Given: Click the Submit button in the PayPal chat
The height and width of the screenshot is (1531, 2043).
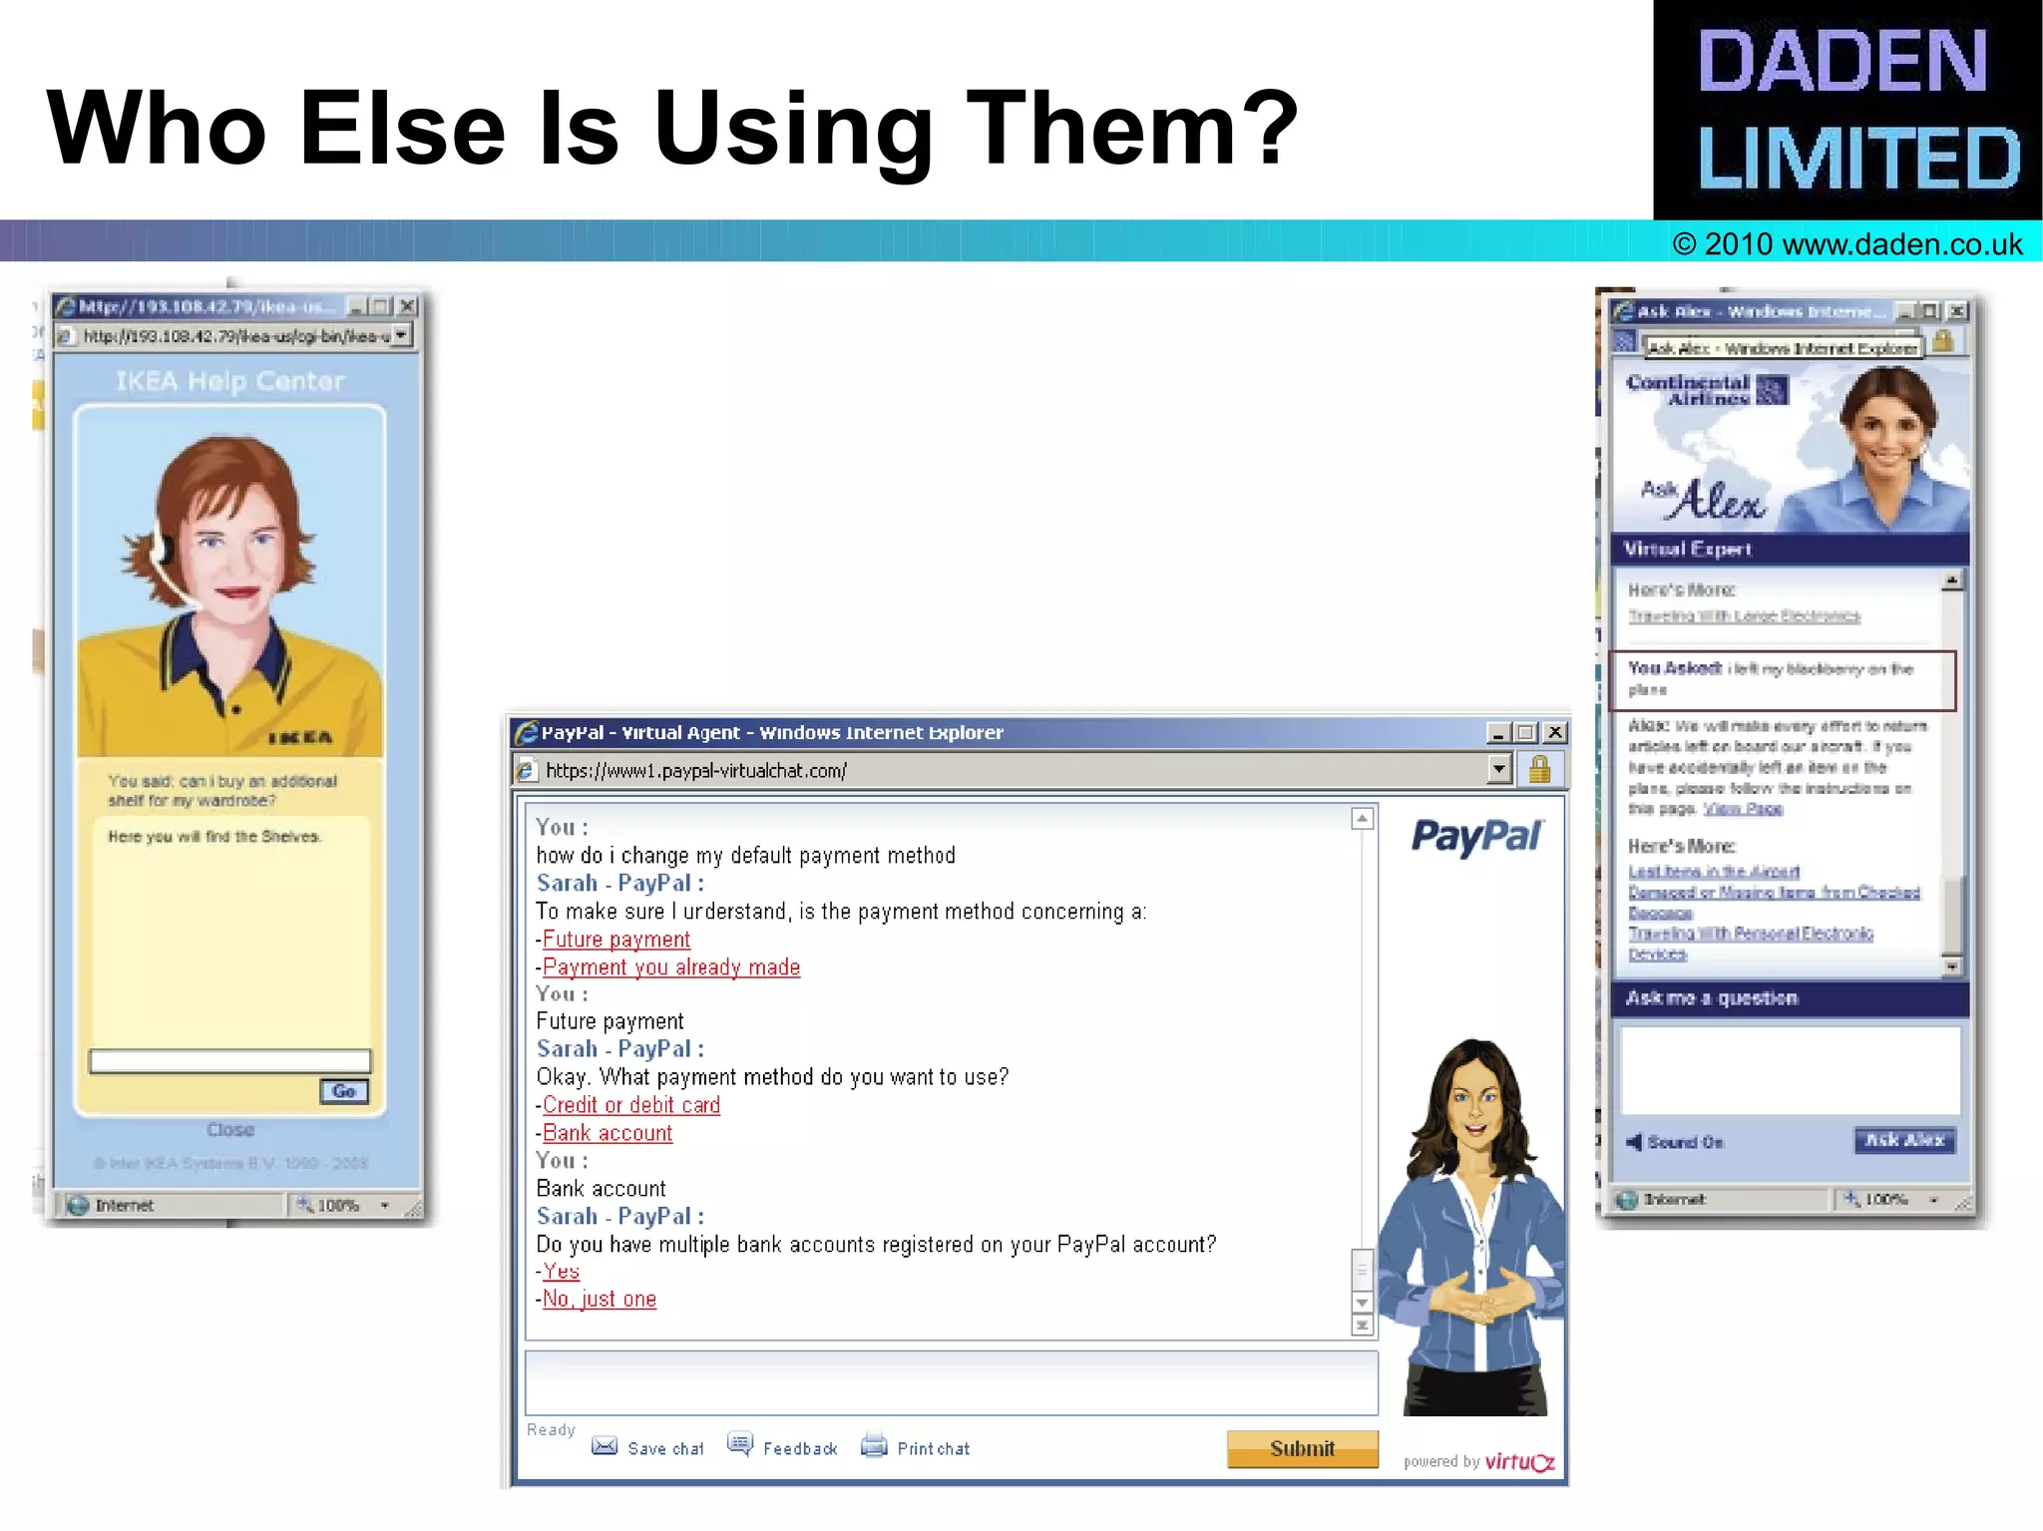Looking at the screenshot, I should coord(1302,1448).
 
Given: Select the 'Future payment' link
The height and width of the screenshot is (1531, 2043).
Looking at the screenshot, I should coord(616,940).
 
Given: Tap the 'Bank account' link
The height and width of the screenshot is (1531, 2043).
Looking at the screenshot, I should coord(608,1133).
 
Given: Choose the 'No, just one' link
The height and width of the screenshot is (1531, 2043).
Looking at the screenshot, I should coord(600,1299).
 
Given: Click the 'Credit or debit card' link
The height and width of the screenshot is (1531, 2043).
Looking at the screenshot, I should coord(631,1105).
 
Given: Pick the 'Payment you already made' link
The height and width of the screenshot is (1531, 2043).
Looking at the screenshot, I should coord(671,967).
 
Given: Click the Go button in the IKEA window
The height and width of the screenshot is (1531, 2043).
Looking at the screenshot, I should coord(344,1091).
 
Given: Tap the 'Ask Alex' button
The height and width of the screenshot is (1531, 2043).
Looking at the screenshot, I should coord(1904,1140).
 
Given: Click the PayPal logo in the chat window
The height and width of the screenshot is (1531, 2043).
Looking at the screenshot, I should coord(1477,836).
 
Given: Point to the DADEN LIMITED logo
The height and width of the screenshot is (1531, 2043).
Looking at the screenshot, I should coord(1847,110).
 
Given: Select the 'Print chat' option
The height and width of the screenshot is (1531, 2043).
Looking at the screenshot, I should coord(932,1448).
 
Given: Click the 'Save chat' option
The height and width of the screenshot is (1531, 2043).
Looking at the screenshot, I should coord(664,1448).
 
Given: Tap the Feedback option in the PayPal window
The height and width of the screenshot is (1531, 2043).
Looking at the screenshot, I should coord(799,1448).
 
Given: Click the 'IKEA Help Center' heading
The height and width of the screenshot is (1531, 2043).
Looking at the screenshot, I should coord(230,381).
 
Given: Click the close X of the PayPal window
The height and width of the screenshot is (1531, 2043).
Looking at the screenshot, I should coord(1554,733).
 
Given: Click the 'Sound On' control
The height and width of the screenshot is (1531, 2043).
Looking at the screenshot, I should coord(1684,1142).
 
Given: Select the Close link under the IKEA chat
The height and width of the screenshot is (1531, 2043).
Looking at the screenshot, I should coord(230,1130).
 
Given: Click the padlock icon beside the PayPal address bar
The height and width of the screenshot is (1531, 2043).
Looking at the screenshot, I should coord(1539,770).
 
